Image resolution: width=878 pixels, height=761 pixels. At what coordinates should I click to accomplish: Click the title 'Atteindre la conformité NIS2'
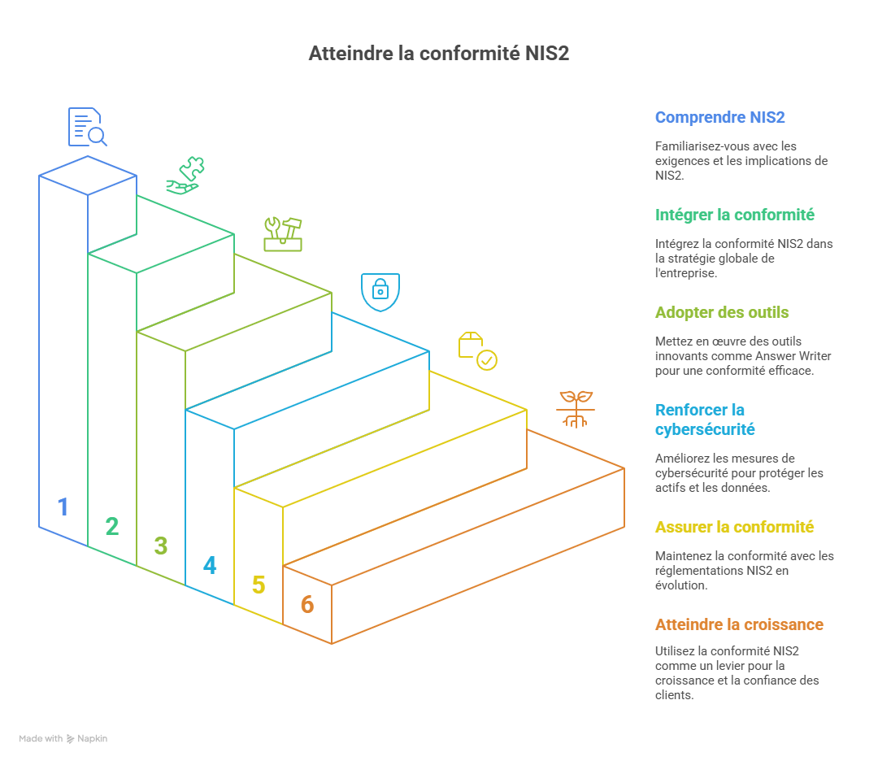point(438,54)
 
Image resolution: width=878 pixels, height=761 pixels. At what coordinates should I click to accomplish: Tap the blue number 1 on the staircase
point(63,507)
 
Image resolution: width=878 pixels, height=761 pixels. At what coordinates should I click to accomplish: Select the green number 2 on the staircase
point(112,527)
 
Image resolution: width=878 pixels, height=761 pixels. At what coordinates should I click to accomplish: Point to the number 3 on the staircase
point(161,546)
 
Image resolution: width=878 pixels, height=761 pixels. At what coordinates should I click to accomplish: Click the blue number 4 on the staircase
point(210,565)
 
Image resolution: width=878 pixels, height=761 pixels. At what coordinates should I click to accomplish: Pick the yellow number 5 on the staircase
point(259,585)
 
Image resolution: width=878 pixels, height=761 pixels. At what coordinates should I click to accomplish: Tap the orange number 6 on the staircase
point(307,604)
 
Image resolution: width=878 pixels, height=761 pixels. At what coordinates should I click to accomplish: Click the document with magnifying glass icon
point(87,127)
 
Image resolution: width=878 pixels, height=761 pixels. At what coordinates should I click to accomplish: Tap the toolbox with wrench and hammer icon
point(283,233)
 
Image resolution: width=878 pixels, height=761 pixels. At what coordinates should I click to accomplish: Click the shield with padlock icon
point(380,292)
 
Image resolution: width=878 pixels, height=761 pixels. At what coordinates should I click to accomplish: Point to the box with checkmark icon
point(477,350)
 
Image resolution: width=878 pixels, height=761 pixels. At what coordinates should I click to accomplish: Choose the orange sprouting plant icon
point(576,409)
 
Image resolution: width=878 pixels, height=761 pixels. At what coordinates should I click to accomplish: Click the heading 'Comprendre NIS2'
point(719,117)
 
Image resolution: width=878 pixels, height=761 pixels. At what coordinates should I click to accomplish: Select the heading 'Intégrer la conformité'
point(734,215)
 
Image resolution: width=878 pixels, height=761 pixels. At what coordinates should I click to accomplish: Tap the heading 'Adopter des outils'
point(722,312)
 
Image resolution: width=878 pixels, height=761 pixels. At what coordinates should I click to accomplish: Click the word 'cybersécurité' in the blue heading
point(705,429)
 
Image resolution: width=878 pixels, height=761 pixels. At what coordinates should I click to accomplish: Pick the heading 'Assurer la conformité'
point(734,527)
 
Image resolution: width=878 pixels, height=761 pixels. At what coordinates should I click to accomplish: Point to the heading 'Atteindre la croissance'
point(739,624)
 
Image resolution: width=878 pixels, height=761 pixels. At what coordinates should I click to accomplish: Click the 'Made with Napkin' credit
point(63,738)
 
